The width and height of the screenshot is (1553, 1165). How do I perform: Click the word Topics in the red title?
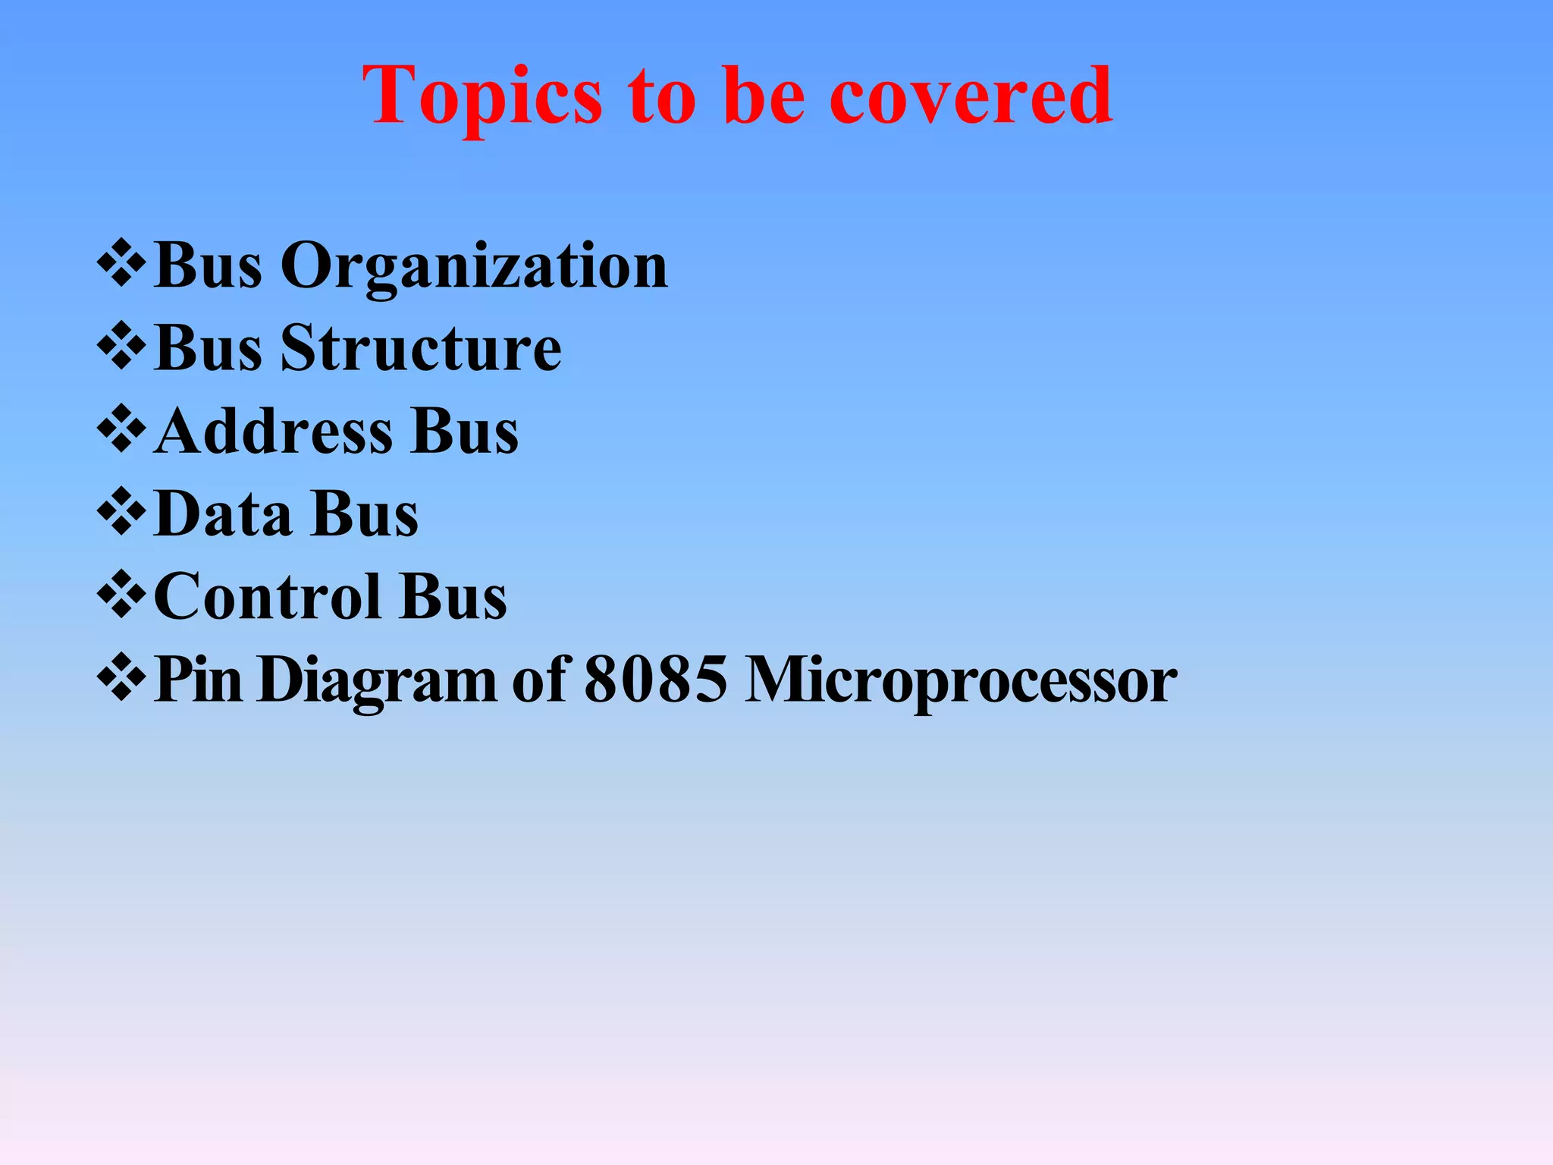(482, 97)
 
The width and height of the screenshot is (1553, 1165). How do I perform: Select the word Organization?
(474, 267)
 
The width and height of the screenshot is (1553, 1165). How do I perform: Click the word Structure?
(421, 349)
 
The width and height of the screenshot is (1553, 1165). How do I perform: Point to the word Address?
(273, 432)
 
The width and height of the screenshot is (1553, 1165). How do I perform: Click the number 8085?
(655, 680)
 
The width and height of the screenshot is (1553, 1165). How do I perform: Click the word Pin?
(198, 680)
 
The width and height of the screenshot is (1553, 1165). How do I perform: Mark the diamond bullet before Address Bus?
(121, 429)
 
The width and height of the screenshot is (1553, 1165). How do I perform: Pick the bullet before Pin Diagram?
(121, 677)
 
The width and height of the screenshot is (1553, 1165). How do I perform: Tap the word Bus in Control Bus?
(453, 597)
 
